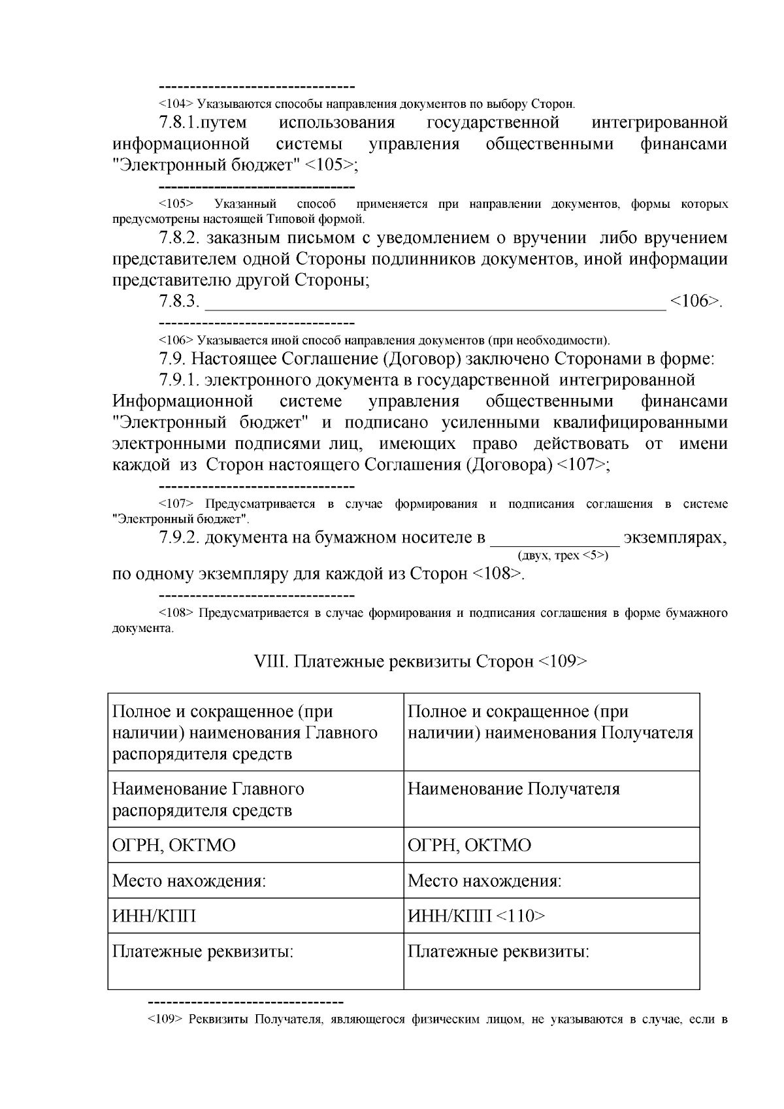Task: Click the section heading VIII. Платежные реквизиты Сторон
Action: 420,661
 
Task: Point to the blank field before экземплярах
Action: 555,538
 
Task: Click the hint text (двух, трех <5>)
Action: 563,555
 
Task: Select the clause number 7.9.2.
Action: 178,538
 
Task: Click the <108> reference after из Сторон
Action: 497,574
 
